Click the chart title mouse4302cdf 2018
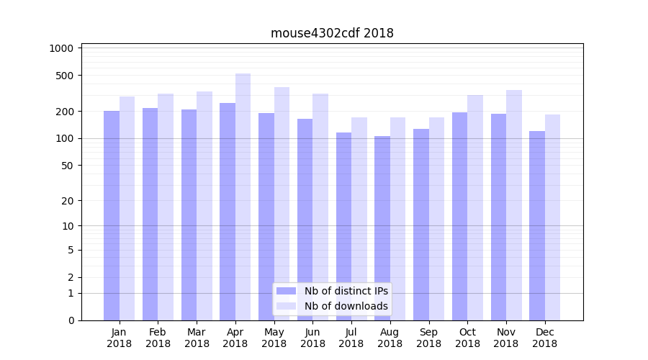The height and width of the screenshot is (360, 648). pyautogui.click(x=332, y=33)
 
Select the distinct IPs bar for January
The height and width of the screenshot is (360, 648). pyautogui.click(x=112, y=215)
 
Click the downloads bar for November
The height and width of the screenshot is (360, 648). pyautogui.click(x=514, y=205)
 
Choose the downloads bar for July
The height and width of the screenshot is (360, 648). pyautogui.click(x=359, y=219)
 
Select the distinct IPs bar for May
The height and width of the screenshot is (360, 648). pyautogui.click(x=266, y=217)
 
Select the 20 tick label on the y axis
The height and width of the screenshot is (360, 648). pyautogui.click(x=67, y=201)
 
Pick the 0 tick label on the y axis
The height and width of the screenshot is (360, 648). pyautogui.click(x=71, y=320)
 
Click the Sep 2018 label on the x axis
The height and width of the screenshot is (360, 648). pyautogui.click(x=428, y=338)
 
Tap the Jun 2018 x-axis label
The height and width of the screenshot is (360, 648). pyautogui.click(x=312, y=338)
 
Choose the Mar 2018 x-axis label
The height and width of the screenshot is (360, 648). pyautogui.click(x=197, y=338)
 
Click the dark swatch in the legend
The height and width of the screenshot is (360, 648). pyautogui.click(x=287, y=291)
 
